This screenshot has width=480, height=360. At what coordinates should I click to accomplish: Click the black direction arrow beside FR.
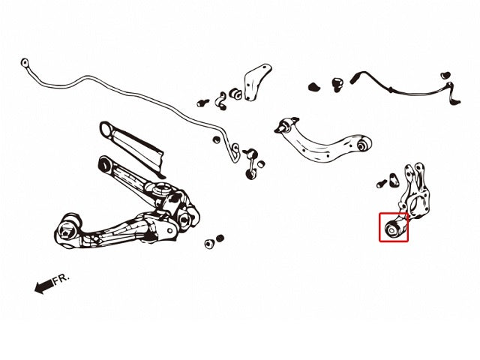click(43, 286)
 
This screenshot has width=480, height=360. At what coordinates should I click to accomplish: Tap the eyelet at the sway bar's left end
click(25, 63)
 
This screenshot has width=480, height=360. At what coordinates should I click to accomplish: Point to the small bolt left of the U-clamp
click(202, 103)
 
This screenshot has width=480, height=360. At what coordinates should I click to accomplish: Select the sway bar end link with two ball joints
click(250, 163)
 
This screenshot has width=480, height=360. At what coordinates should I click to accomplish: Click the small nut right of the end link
click(261, 164)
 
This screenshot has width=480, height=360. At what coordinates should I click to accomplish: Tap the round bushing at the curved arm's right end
click(364, 143)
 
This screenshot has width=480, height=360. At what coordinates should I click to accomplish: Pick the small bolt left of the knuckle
click(381, 183)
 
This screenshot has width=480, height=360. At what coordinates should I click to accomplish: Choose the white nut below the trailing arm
click(209, 244)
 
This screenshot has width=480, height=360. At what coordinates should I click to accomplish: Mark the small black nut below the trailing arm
click(220, 238)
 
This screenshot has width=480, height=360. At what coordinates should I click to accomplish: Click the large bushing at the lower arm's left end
click(67, 229)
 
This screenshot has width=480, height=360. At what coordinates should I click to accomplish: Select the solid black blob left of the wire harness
click(313, 87)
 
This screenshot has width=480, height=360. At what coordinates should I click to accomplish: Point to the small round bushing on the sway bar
click(217, 139)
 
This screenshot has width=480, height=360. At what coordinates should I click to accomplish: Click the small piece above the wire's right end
click(445, 75)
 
